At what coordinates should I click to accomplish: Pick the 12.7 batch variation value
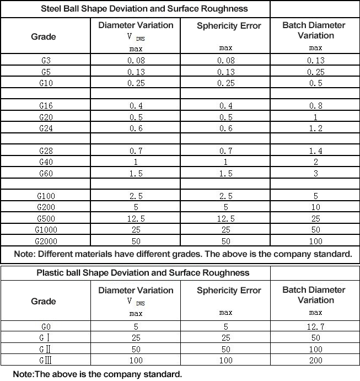point(315,326)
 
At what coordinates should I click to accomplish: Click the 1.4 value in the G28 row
point(315,151)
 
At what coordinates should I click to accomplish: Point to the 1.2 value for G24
point(315,128)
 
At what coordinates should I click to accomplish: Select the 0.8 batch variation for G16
point(315,106)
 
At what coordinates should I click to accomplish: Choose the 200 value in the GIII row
point(315,360)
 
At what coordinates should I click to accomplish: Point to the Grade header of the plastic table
point(44,301)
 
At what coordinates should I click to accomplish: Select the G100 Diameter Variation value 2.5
point(136,196)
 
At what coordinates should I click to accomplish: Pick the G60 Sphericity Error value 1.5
point(225,174)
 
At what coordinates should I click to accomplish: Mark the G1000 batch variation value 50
point(315,229)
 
